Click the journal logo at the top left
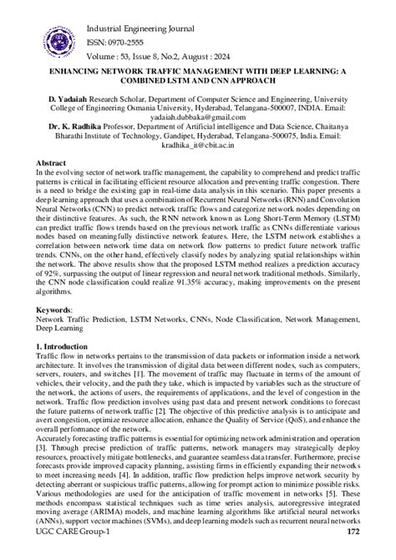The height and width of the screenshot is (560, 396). [x=44, y=29]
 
